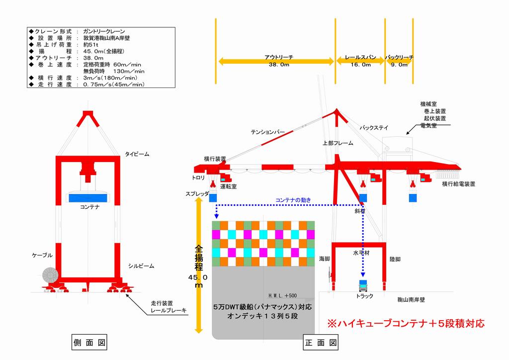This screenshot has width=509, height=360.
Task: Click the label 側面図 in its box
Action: (90, 342)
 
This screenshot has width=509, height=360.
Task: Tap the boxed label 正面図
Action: (321, 342)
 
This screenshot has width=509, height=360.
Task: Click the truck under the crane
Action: (363, 287)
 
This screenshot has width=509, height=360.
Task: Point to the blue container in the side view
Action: (90, 197)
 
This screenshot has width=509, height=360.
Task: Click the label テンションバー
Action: (268, 132)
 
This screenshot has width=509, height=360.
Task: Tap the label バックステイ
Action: (374, 128)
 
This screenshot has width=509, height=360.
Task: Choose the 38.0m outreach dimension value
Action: (276, 65)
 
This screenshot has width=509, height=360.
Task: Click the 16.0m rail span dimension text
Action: (360, 65)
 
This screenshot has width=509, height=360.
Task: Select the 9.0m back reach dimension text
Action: (399, 65)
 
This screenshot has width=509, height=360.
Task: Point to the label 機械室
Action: (428, 104)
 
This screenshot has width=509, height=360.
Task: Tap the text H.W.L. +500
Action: (282, 295)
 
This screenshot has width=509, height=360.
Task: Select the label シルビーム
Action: (141, 266)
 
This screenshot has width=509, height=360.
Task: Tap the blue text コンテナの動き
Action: (293, 200)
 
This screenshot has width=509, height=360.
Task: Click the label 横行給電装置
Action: (458, 184)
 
